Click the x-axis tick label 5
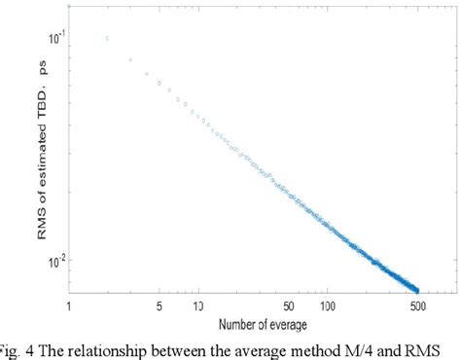click(158, 307)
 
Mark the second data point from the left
click(107, 39)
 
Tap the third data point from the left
click(130, 59)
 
